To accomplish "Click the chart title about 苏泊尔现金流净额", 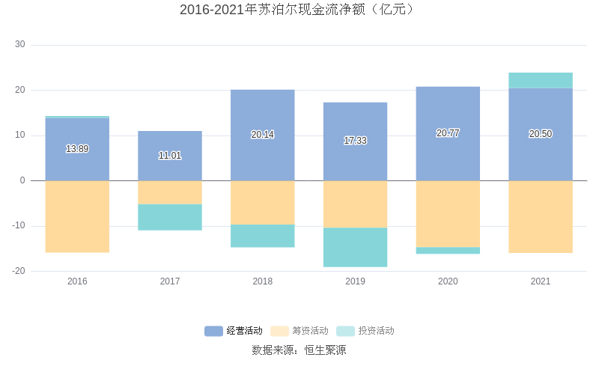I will [299, 10].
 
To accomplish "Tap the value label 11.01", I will [170, 156].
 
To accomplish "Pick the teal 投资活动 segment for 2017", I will [170, 217].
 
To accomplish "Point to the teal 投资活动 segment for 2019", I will [355, 247].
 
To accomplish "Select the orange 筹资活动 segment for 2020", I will [448, 214].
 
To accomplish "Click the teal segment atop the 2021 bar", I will [541, 80].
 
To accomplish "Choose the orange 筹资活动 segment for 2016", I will [77, 216].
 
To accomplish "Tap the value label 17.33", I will [355, 141].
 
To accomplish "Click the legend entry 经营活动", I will [234, 331].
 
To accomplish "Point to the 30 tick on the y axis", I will [20, 45].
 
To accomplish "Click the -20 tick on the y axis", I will [19, 271].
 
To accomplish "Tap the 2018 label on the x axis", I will [262, 281].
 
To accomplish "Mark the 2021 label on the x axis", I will [541, 281].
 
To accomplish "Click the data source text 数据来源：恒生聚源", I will [299, 350].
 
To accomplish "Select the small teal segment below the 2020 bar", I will [448, 251].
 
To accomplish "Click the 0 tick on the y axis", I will [22, 180].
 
